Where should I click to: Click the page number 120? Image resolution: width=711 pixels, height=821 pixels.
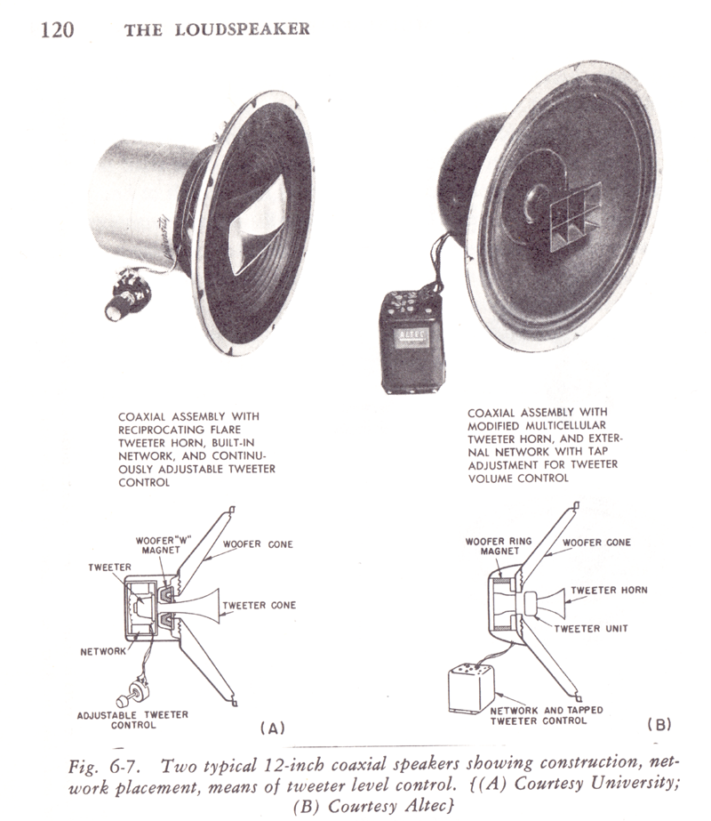point(55,29)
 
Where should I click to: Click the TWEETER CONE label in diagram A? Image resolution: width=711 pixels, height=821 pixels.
point(259,606)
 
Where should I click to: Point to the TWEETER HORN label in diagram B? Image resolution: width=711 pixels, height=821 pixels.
point(610,590)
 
